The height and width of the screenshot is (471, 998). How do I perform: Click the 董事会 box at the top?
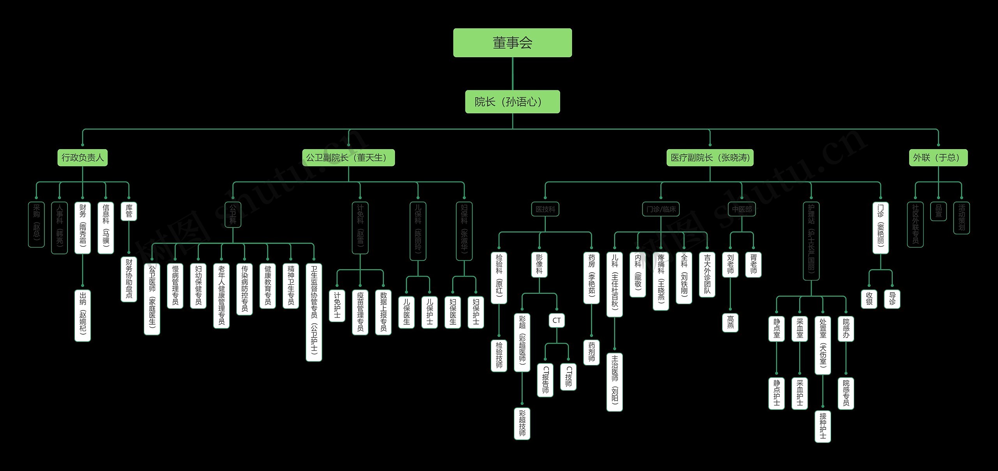[512, 43]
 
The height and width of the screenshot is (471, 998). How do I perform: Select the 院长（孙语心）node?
[512, 102]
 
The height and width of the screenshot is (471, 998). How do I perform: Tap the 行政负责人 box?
[83, 158]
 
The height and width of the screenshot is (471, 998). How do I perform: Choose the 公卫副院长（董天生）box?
[349, 158]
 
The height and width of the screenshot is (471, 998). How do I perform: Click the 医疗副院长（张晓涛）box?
[710, 158]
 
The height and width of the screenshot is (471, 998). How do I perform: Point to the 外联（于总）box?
[938, 158]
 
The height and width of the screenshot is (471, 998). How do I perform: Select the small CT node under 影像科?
[556, 321]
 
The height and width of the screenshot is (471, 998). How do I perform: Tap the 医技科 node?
[545, 209]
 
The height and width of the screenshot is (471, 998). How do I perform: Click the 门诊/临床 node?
[661, 209]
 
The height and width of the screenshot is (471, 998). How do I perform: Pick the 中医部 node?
[741, 209]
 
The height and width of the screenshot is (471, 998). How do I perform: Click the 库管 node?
[129, 211]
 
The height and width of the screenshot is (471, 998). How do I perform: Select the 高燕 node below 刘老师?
[730, 323]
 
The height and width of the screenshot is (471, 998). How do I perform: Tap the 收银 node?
[869, 299]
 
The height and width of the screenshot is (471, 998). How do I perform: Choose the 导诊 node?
[892, 299]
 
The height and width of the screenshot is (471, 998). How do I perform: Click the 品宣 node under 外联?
[938, 211]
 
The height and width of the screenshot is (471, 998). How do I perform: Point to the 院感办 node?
[846, 329]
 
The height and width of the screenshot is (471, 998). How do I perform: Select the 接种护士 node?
[823, 427]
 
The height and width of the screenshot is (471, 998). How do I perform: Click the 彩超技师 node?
[522, 423]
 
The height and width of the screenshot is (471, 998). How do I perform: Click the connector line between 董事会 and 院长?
[512, 74]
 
